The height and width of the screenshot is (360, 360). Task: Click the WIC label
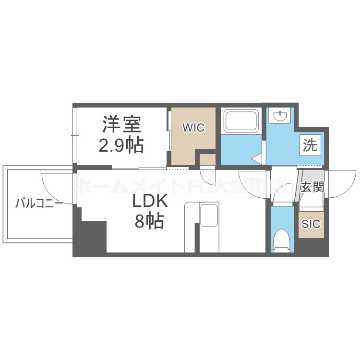click(x=193, y=128)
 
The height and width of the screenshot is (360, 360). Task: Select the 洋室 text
click(x=121, y=125)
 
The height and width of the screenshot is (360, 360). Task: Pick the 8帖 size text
click(x=149, y=221)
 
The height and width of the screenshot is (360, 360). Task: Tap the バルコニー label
click(x=39, y=204)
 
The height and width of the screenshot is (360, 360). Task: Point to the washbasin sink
click(x=279, y=116)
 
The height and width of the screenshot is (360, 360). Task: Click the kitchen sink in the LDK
click(x=209, y=215)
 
